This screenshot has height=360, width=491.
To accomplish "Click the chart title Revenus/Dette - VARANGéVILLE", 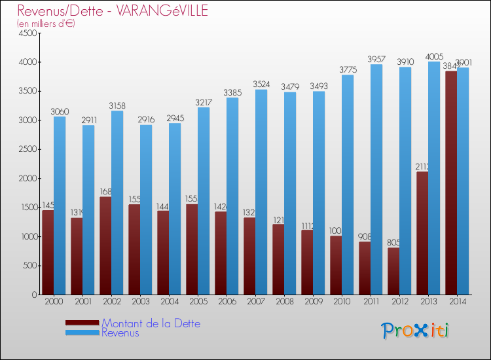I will [113, 10].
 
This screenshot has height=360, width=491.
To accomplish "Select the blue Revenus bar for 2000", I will [60, 206].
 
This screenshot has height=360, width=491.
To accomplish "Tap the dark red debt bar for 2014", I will [451, 183].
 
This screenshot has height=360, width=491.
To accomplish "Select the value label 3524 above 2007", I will [261, 84].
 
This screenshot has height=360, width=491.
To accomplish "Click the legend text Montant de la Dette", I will [151, 323].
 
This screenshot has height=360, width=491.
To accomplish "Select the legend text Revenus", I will [120, 333].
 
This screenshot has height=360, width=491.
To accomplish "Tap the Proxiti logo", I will [416, 330].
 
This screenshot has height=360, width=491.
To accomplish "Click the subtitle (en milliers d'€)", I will [46, 24].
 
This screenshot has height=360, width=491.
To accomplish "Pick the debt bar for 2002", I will [105, 245].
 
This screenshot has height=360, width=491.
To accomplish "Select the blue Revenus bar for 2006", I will [232, 196].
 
